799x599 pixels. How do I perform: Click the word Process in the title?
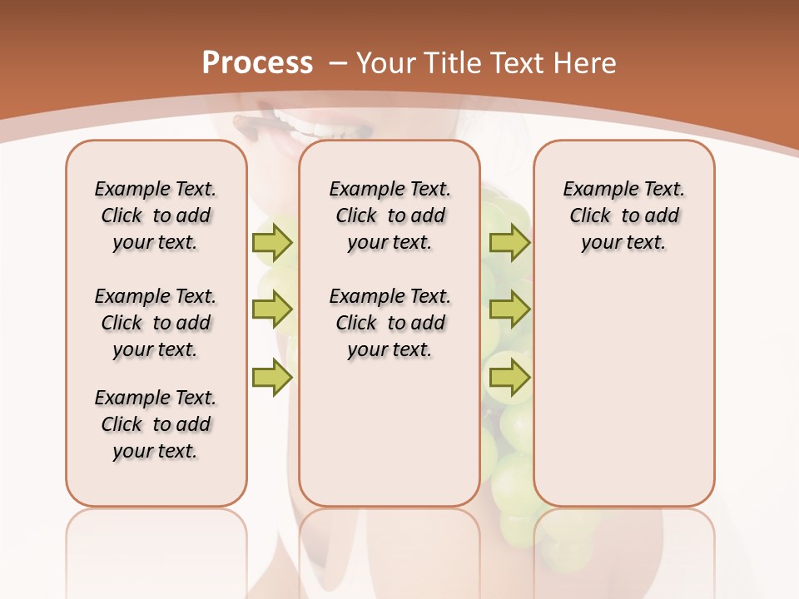257,63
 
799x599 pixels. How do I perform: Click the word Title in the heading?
453,63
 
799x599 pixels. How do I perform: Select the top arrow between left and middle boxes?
271,242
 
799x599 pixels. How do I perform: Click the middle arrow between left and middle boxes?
271,309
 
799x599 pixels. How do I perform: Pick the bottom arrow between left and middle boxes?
271,379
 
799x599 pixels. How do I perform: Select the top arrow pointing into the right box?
509,242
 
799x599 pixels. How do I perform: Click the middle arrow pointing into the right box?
509,309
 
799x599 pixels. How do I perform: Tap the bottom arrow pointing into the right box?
509,379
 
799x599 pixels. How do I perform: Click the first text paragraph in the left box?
156,215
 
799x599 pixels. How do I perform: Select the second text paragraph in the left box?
156,323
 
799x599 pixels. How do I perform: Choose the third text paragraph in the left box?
156,424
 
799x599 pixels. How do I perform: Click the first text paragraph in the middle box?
390,215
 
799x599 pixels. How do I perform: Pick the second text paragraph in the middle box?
390,323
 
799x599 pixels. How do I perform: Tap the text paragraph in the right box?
623,215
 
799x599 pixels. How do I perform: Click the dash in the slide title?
338,63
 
